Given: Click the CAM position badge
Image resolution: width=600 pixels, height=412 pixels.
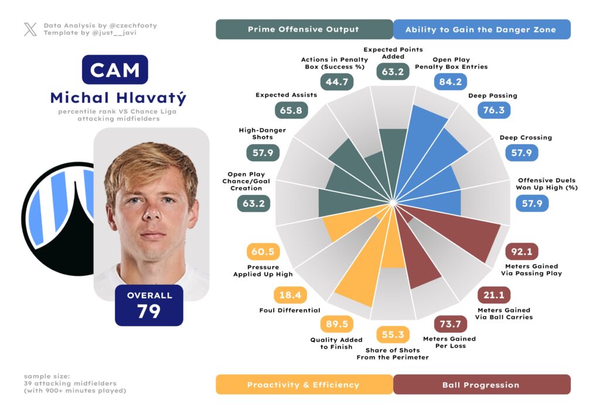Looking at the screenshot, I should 115,70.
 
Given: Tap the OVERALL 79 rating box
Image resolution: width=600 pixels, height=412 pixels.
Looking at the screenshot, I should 149,305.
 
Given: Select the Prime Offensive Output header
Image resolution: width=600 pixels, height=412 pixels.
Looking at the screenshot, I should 304,29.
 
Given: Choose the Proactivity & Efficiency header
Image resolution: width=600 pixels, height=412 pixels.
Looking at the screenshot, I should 304,384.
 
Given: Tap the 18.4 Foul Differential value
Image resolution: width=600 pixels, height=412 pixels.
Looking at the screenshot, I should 291,295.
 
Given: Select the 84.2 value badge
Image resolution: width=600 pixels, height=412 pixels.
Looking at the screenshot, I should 450,81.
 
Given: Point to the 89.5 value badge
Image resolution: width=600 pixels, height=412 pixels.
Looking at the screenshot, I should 337,324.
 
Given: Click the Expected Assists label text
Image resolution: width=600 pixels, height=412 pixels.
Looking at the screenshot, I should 286,95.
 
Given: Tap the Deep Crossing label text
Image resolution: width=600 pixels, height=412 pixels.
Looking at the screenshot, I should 526,138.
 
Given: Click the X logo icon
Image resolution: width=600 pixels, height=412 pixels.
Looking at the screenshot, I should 30,29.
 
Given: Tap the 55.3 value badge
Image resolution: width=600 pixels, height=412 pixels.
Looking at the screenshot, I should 393,335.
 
